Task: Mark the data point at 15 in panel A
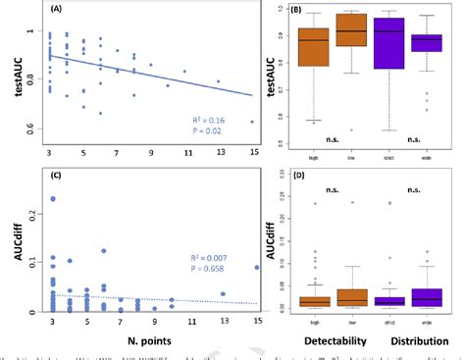tap(253, 122)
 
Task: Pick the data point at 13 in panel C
tap(224, 293)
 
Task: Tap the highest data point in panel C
tap(52, 199)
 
